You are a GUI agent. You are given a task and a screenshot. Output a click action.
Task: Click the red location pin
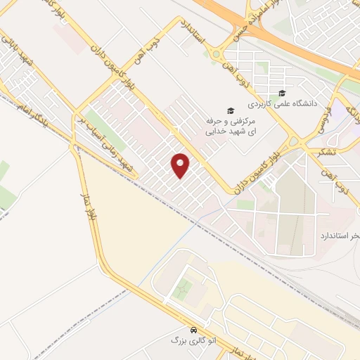(x=181, y=165)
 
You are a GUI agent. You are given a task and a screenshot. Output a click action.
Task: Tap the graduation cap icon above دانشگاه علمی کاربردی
(x=282, y=94)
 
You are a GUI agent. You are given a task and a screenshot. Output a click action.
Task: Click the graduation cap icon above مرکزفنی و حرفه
(x=228, y=110)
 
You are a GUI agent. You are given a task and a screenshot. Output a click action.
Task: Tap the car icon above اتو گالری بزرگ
(x=193, y=329)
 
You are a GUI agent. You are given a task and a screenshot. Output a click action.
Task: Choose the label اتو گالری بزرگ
(x=192, y=340)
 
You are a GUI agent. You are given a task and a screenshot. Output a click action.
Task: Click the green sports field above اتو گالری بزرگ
(x=184, y=287)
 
